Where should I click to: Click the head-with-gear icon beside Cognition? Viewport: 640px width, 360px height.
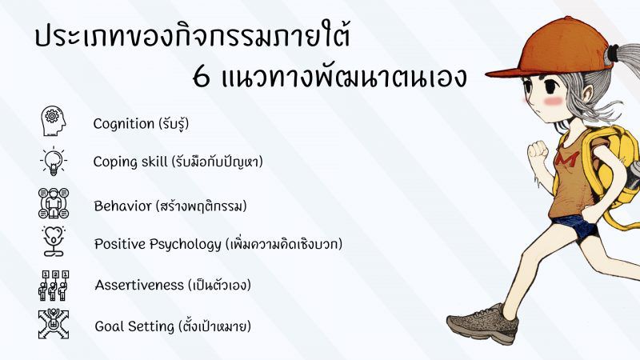click(x=53, y=121)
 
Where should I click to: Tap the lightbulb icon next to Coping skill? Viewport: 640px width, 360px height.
click(x=54, y=162)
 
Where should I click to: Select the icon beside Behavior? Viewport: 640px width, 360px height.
click(x=54, y=203)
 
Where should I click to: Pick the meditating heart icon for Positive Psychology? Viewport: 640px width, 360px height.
click(x=54, y=242)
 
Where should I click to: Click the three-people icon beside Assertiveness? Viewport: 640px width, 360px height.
click(x=54, y=286)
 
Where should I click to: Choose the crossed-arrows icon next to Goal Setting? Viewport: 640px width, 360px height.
click(x=54, y=324)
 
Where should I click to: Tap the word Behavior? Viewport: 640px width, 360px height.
click(x=122, y=206)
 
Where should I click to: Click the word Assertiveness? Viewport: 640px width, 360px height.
click(x=139, y=285)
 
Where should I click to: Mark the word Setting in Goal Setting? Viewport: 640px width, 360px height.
click(x=155, y=327)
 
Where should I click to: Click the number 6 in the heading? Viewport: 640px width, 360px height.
click(x=202, y=77)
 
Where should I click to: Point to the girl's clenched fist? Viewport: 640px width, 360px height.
click(x=538, y=151)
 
